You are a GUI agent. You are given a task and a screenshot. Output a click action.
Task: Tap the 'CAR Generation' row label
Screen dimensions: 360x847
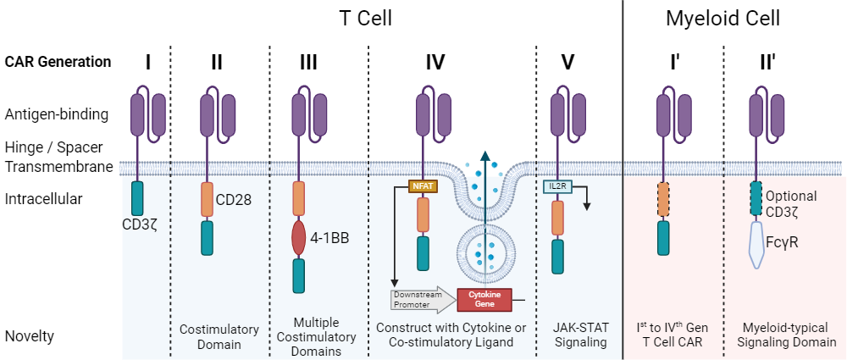coord(58,62)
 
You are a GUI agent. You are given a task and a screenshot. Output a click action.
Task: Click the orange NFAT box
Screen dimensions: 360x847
coord(422,186)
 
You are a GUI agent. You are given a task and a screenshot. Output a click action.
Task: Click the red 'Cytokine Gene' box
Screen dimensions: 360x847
coord(484,298)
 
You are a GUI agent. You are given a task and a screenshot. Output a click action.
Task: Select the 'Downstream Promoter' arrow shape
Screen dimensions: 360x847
coord(421,298)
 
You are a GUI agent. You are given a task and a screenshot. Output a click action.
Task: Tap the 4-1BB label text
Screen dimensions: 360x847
coord(328,238)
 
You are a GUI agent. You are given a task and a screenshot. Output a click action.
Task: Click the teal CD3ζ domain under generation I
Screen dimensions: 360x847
coord(137,197)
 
